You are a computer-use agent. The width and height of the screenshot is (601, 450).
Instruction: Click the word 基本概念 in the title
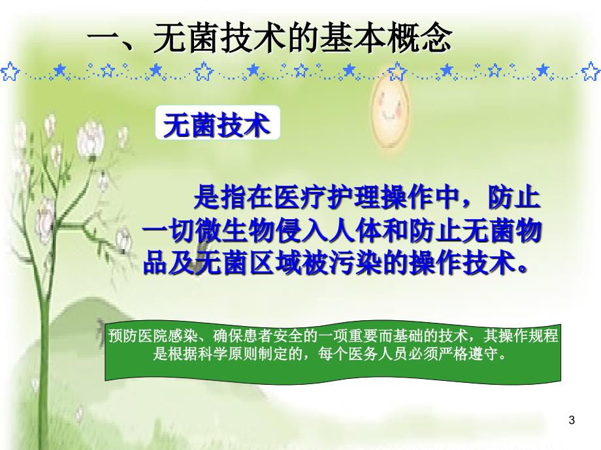(386, 38)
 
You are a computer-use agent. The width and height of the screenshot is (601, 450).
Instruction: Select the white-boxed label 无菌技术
(218, 123)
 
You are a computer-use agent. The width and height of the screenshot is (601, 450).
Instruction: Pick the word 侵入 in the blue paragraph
(301, 231)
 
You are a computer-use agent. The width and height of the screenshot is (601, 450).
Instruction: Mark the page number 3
(572, 420)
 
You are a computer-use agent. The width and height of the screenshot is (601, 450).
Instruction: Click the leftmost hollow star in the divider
(9, 72)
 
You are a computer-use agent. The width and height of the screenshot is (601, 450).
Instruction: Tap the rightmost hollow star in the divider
(591, 72)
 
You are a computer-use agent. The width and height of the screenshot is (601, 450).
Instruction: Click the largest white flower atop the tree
(91, 139)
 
